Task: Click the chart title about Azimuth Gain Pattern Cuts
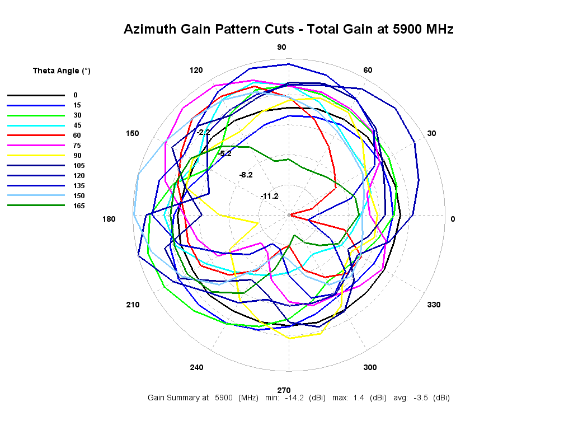[288, 29]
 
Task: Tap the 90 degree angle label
[282, 47]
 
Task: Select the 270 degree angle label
[284, 390]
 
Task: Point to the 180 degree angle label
[109, 219]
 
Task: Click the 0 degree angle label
[453, 219]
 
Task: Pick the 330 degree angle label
[434, 305]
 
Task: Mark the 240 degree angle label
[196, 367]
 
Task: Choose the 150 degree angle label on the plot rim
[132, 133]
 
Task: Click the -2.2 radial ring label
[203, 132]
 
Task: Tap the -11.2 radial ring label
[269, 195]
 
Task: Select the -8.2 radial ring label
[246, 175]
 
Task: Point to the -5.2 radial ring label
[224, 153]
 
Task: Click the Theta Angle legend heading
[62, 71]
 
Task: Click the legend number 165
[79, 206]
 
